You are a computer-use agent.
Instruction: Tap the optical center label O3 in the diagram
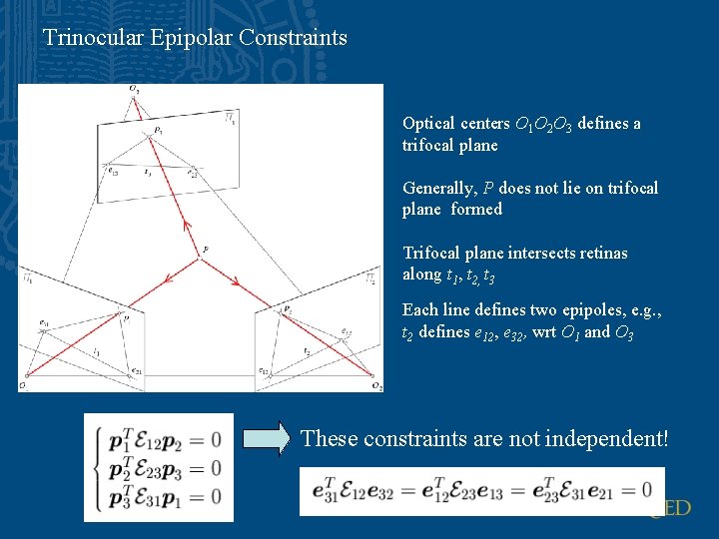pyautogui.click(x=134, y=91)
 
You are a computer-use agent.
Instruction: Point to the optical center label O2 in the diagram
pyautogui.click(x=375, y=385)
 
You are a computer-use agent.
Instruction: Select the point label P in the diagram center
pyautogui.click(x=206, y=249)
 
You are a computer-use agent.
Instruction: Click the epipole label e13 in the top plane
pyautogui.click(x=114, y=172)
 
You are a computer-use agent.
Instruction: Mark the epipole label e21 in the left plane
pyautogui.click(x=136, y=370)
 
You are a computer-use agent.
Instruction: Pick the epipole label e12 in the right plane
pyautogui.click(x=264, y=371)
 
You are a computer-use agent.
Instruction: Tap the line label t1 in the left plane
pyautogui.click(x=97, y=351)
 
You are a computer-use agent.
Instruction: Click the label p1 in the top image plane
pyautogui.click(x=159, y=129)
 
